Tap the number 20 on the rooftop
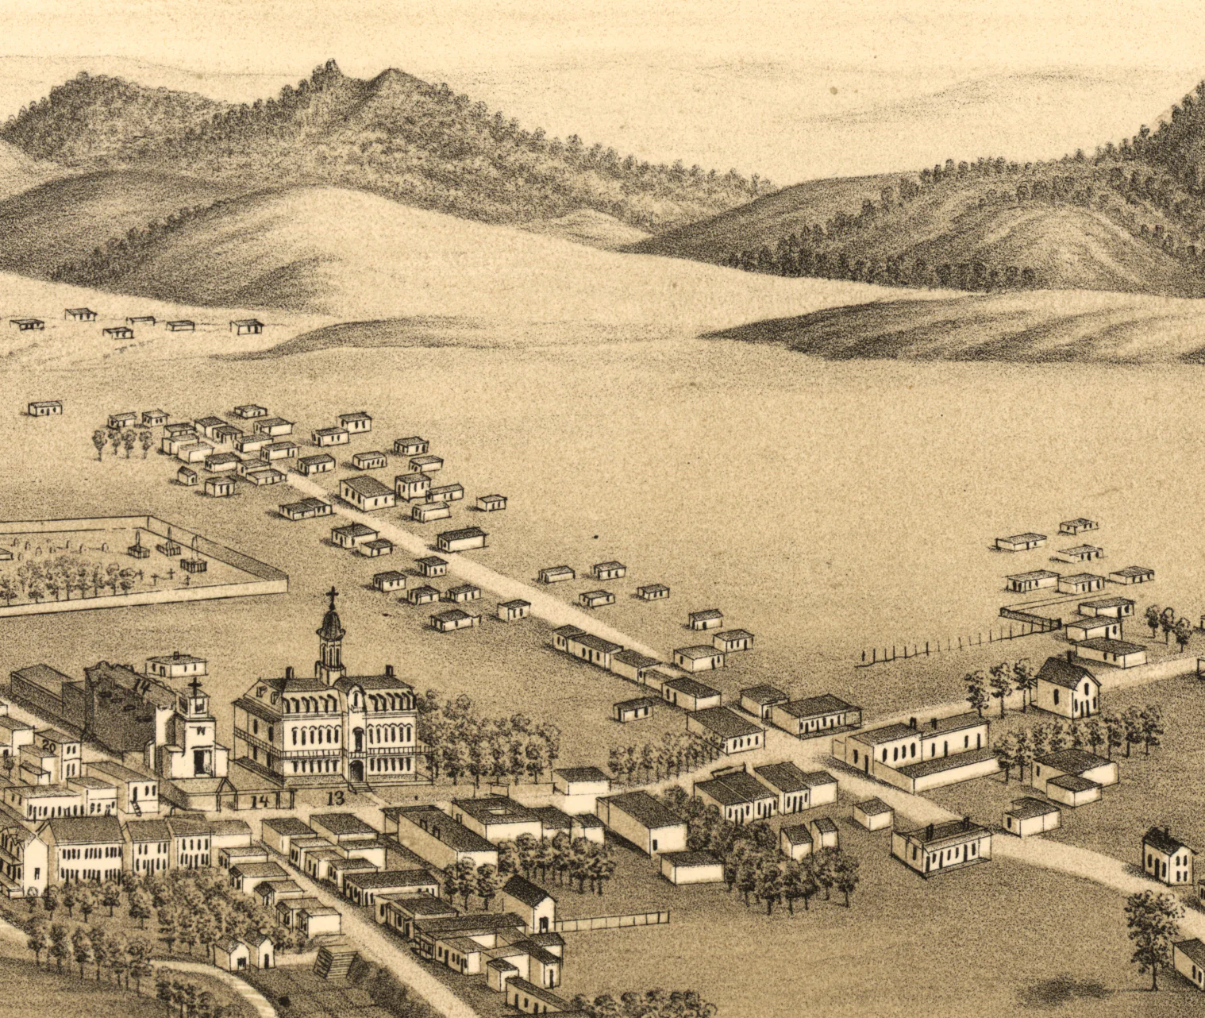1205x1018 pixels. pyautogui.click(x=49, y=746)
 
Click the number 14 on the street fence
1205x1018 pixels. pyautogui.click(x=259, y=801)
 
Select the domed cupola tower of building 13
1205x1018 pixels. pyautogui.click(x=331, y=635)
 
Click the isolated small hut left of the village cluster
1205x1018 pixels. pyautogui.click(x=44, y=407)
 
